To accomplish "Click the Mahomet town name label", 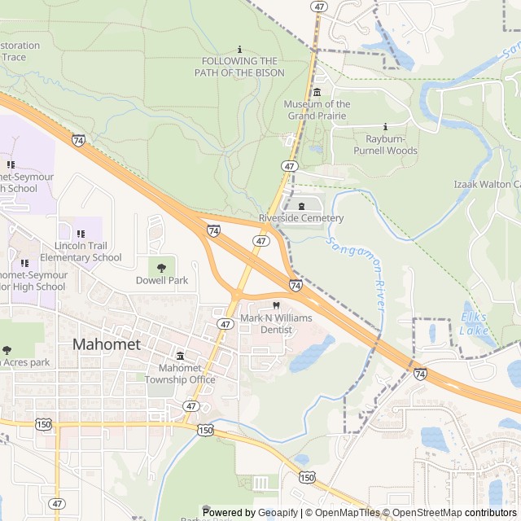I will pyautogui.click(x=107, y=344).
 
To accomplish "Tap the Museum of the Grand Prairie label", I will pyautogui.click(x=317, y=110).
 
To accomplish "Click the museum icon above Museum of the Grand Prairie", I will pyautogui.click(x=317, y=92).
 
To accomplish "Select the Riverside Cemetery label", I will pyautogui.click(x=301, y=218).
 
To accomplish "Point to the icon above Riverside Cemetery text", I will pyautogui.click(x=302, y=205).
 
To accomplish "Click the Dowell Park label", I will pyautogui.click(x=162, y=281).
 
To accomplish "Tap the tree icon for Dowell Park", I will pyautogui.click(x=162, y=265).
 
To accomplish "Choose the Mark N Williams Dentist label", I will pyautogui.click(x=275, y=323).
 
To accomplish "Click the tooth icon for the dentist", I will pyautogui.click(x=275, y=305).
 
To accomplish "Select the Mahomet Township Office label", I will pyautogui.click(x=181, y=374).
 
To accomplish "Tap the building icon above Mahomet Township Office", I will pyautogui.click(x=181, y=356).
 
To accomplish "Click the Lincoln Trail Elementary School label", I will pyautogui.click(x=81, y=252).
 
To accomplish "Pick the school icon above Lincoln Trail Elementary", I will pyautogui.click(x=81, y=234).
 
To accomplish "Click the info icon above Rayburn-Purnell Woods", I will pyautogui.click(x=385, y=126).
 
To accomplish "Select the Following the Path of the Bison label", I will pyautogui.click(x=239, y=67).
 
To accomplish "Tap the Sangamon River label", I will pyautogui.click(x=358, y=272).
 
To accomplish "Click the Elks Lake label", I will pyautogui.click(x=475, y=323).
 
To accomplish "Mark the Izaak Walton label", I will pyautogui.click(x=487, y=185).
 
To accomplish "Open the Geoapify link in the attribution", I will pyautogui.click(x=278, y=513).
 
